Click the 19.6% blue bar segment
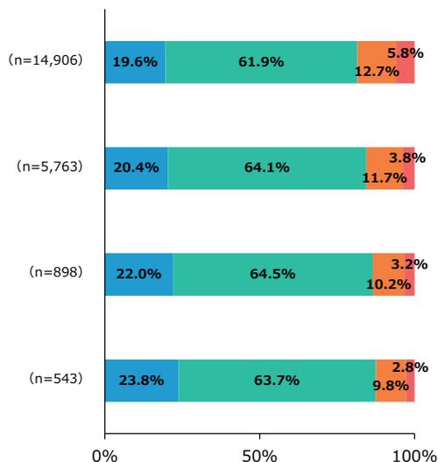(x=135, y=62)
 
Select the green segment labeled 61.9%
(x=261, y=62)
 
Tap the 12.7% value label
(x=378, y=71)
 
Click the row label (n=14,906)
(x=51, y=62)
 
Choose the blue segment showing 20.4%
(x=136, y=168)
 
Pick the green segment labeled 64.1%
(x=266, y=168)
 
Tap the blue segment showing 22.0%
(x=138, y=274)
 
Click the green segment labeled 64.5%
(x=272, y=274)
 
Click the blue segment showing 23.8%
(x=141, y=380)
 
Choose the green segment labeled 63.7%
(x=277, y=380)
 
